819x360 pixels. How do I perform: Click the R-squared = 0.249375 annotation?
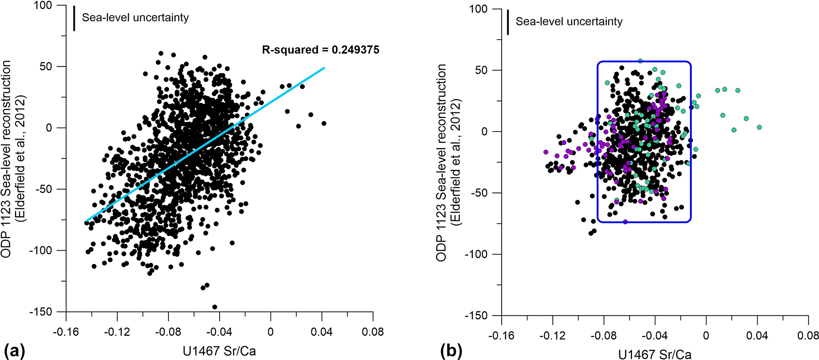[x=321, y=50]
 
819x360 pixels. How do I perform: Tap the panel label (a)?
[x=14, y=351]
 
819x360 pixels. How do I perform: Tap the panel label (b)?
[x=451, y=351]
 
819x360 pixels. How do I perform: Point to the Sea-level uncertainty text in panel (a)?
[x=135, y=18]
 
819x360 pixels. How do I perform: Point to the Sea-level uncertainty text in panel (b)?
[x=569, y=22]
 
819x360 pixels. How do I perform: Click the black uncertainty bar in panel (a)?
[x=74, y=18]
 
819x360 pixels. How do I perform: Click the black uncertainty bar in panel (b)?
[x=508, y=22]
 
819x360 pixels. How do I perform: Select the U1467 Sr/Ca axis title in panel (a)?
[x=219, y=351]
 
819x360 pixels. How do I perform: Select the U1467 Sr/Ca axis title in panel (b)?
[x=655, y=354]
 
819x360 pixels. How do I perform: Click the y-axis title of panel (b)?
[x=448, y=162]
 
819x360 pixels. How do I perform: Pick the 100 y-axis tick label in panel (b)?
[x=479, y=9]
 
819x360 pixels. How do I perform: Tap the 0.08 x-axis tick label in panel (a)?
[x=372, y=331]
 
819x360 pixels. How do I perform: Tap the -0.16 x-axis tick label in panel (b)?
[x=501, y=336]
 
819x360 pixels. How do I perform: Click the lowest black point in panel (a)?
[x=215, y=307]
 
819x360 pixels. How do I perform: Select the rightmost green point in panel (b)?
[x=759, y=128]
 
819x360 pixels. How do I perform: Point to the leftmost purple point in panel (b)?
[x=546, y=152]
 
